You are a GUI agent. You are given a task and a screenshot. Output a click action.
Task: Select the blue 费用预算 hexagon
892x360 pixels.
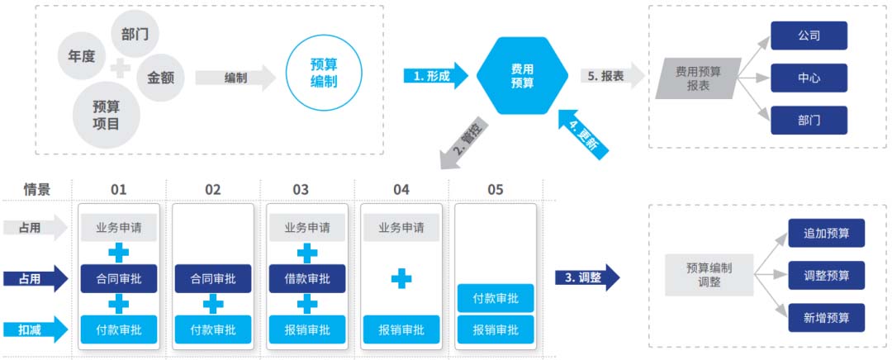[522, 76]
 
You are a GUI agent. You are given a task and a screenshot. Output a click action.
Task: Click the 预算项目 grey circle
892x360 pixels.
[106, 115]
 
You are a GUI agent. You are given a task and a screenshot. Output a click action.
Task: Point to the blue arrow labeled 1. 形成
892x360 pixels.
[436, 76]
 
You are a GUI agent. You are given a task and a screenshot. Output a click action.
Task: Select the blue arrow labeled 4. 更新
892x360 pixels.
[584, 134]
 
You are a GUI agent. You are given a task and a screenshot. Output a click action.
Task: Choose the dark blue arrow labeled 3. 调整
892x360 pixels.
[587, 277]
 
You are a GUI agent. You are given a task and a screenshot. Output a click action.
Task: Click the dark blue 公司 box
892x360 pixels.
[809, 36]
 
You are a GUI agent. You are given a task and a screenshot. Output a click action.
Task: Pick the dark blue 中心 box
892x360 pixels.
[809, 78]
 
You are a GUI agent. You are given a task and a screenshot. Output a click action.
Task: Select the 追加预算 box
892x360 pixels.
[827, 233]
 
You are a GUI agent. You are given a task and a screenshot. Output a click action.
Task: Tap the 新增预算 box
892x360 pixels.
[827, 318]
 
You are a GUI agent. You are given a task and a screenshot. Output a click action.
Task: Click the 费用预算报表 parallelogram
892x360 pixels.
[699, 78]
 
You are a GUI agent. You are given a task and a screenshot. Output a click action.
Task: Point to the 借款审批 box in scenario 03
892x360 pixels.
[307, 279]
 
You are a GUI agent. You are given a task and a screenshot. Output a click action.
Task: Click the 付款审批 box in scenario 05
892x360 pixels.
[496, 299]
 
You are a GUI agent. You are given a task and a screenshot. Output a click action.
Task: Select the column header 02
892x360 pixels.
[213, 190]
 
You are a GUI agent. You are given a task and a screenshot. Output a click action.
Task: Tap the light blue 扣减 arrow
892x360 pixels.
[36, 329]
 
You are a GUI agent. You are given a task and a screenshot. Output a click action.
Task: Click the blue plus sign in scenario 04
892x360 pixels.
[401, 279]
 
